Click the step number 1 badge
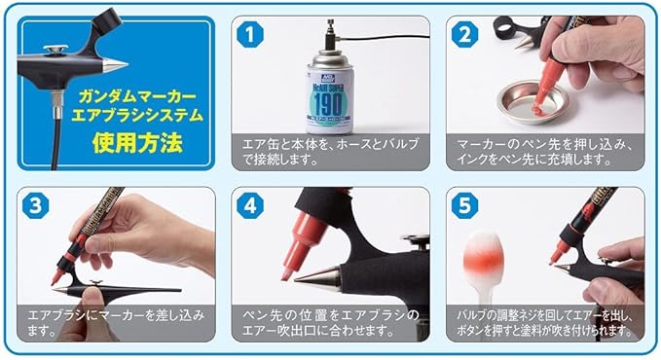pyautogui.click(x=250, y=34)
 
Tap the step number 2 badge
pyautogui.click(x=464, y=34)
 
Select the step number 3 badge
pyautogui.click(x=36, y=205)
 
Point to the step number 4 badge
pyautogui.click(x=250, y=205)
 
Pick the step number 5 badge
pyautogui.click(x=464, y=205)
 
